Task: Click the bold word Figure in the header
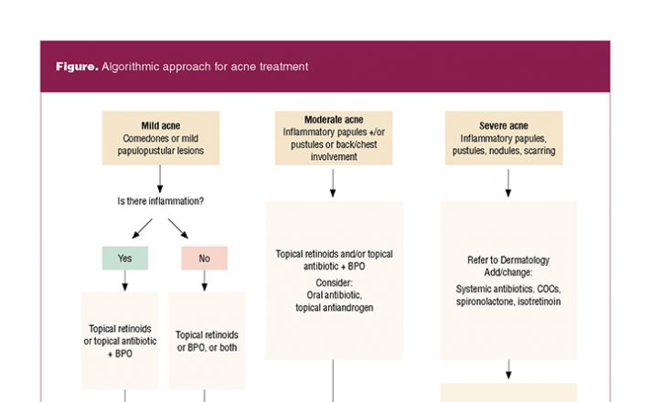coord(77,67)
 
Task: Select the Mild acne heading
coord(161,126)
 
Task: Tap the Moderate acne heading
coord(334,120)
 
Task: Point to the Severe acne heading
coord(504,126)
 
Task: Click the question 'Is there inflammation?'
coord(161,201)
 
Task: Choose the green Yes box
coord(125,258)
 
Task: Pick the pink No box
coord(204,258)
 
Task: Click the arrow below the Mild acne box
coord(160,179)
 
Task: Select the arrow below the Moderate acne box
coord(333,183)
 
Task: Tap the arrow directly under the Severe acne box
coord(508,183)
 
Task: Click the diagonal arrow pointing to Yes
coord(142,228)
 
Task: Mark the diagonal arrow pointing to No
coord(178,228)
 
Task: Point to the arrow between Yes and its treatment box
coord(125,280)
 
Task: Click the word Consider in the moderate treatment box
coord(334,283)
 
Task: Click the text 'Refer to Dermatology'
coord(508,260)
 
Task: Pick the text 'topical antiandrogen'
coord(335,308)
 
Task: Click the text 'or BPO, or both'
coord(207,348)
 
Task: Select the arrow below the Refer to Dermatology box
coord(508,370)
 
